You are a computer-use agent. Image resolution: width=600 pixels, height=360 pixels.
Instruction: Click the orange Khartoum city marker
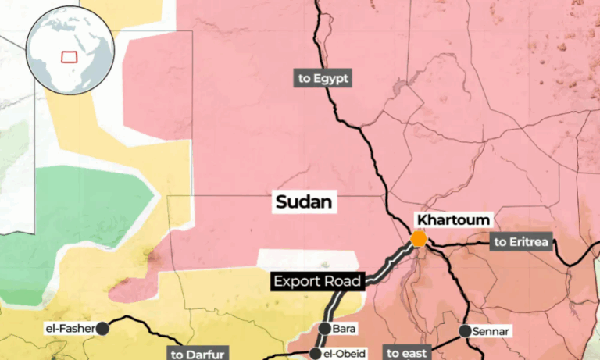419,239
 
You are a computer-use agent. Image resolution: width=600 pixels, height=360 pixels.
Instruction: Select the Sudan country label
305,202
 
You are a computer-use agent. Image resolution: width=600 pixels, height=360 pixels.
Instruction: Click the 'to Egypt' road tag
322,78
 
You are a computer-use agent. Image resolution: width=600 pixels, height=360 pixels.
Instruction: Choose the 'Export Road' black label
317,281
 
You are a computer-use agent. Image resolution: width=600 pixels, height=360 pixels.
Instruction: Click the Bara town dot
326,329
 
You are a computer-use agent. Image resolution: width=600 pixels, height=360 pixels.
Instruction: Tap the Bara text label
344,330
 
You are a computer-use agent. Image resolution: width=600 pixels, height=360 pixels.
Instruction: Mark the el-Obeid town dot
315,354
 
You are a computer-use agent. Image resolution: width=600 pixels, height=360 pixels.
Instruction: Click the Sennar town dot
466,331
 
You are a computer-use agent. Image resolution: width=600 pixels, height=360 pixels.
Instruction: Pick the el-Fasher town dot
102,329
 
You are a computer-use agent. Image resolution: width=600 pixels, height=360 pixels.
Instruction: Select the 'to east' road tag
408,353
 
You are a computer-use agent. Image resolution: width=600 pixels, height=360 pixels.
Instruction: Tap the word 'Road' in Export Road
345,281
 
